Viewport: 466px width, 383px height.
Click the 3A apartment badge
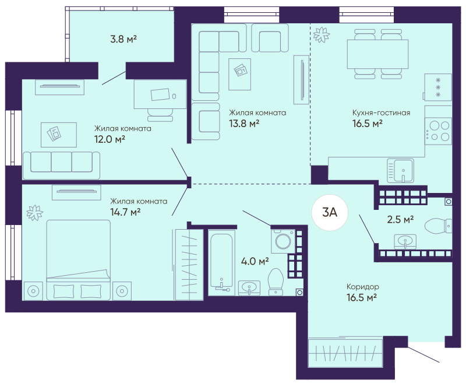pyautogui.click(x=330, y=212)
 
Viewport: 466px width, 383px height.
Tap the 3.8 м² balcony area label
pyautogui.click(x=123, y=39)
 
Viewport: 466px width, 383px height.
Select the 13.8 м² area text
pyautogui.click(x=244, y=123)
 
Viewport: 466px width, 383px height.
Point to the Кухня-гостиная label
pyautogui.click(x=381, y=113)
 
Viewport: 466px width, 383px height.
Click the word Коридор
pyautogui.click(x=362, y=287)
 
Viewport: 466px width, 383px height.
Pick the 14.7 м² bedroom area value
pyautogui.click(x=125, y=212)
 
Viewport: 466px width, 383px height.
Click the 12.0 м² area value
pyautogui.click(x=110, y=139)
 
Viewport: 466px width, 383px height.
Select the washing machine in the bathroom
pyautogui.click(x=283, y=241)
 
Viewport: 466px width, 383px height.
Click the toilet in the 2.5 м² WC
pyautogui.click(x=439, y=226)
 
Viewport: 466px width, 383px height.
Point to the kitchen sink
pyautogui.click(x=400, y=171)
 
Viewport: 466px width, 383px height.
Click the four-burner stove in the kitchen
pyautogui.click(x=438, y=131)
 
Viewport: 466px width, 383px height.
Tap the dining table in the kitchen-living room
pyautogui.click(x=377, y=54)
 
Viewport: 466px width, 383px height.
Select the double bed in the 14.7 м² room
pyautogui.click(x=79, y=260)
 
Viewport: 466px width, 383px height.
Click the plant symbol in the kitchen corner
pyautogui.click(x=322, y=34)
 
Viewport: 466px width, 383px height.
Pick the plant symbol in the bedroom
pyautogui.click(x=35, y=213)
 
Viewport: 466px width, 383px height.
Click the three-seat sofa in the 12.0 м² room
pyautogui.click(x=61, y=166)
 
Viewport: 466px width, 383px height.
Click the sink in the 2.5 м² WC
pyautogui.click(x=405, y=241)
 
